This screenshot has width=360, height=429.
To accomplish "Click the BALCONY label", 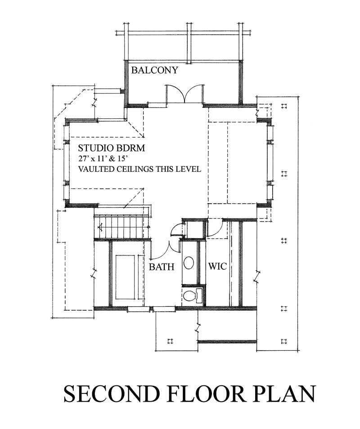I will [155, 70].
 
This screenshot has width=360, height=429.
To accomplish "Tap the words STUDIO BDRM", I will [111, 148].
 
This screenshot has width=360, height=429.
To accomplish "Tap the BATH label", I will [162, 267].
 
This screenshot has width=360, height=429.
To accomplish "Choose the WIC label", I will [217, 267].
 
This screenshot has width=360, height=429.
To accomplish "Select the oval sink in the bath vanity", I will [189, 264].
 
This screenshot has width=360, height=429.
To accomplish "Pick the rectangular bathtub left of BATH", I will [125, 277].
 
